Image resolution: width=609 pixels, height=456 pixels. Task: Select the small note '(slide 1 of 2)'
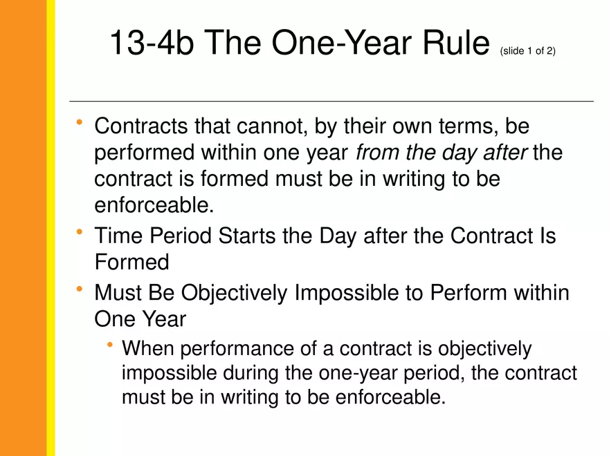pyautogui.click(x=527, y=51)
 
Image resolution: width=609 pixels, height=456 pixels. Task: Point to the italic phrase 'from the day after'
pyautogui.click(x=442, y=152)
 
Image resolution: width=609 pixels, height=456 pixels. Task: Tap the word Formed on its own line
pyautogui.click(x=131, y=262)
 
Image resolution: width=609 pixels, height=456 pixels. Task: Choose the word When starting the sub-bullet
pyautogui.click(x=147, y=349)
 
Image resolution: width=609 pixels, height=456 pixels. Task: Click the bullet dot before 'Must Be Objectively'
pyautogui.click(x=80, y=289)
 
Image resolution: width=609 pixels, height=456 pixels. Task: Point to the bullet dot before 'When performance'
pyautogui.click(x=110, y=345)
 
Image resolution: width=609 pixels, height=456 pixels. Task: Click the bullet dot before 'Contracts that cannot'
pyautogui.click(x=80, y=122)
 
